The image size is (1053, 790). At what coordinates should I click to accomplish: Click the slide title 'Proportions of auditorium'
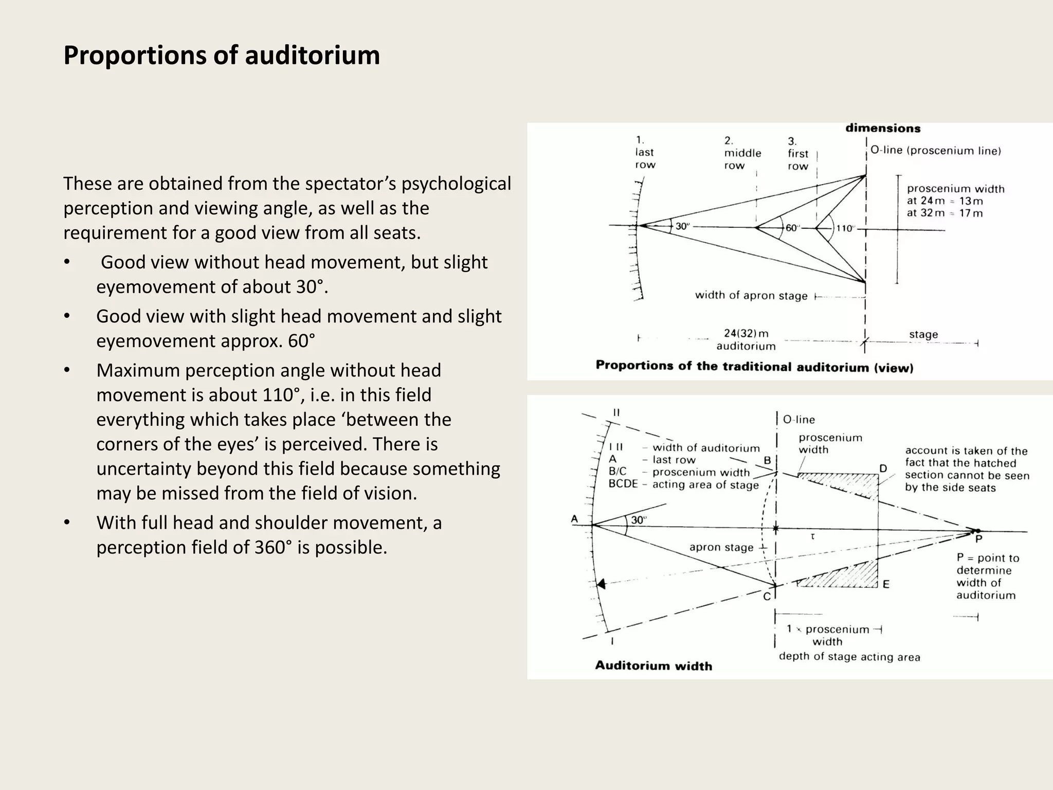[222, 56]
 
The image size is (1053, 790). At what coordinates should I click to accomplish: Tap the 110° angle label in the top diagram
[845, 228]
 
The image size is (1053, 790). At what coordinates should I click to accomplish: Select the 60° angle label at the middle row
[792, 228]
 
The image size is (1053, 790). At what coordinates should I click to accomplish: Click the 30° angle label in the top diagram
[682, 226]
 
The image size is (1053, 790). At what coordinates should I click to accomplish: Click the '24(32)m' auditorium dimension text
[746, 333]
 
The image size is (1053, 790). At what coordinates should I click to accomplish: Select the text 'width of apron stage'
[751, 296]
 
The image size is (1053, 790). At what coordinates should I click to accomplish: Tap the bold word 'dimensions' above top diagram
[883, 128]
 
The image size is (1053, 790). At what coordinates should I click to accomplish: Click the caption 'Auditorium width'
[653, 666]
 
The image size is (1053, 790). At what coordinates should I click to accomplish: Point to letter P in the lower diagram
[978, 540]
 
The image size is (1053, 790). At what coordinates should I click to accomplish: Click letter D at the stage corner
[883, 469]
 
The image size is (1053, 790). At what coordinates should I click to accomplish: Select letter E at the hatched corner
[886, 584]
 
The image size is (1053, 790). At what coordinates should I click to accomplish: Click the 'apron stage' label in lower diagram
[721, 547]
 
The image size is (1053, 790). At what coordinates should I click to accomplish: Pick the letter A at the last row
[575, 519]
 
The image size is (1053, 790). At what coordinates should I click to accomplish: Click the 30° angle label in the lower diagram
[639, 520]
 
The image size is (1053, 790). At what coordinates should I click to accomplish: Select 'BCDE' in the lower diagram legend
[623, 484]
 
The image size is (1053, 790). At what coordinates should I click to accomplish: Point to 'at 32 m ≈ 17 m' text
[945, 213]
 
